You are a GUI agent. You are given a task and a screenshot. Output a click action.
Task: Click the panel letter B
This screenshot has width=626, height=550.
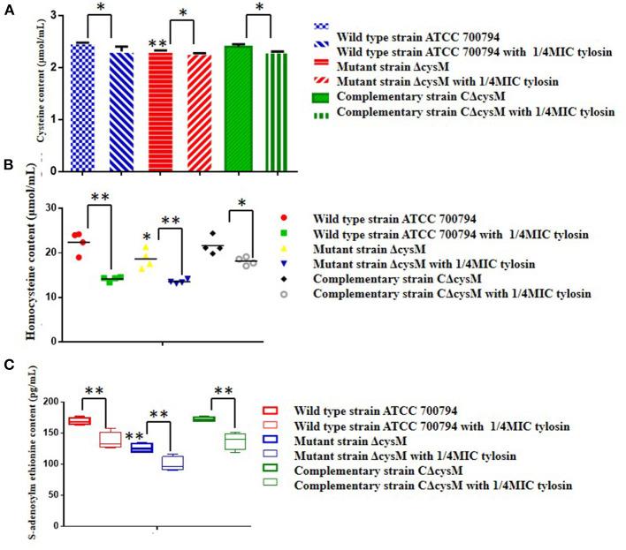click(x=7, y=164)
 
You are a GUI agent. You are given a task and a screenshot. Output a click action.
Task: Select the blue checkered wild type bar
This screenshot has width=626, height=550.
click(x=81, y=106)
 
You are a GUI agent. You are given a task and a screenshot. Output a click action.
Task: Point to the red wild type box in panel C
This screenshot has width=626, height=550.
click(x=80, y=420)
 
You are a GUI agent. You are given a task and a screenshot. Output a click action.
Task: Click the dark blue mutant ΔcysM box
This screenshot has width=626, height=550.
click(x=142, y=448)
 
